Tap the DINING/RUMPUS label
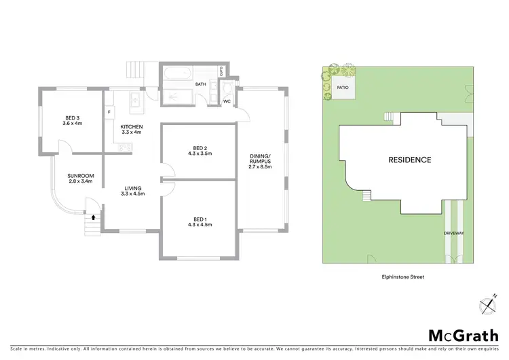tap(261, 160)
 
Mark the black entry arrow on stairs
tap(93, 219)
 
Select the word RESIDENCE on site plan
tap(409, 160)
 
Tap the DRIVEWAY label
tap(454, 233)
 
